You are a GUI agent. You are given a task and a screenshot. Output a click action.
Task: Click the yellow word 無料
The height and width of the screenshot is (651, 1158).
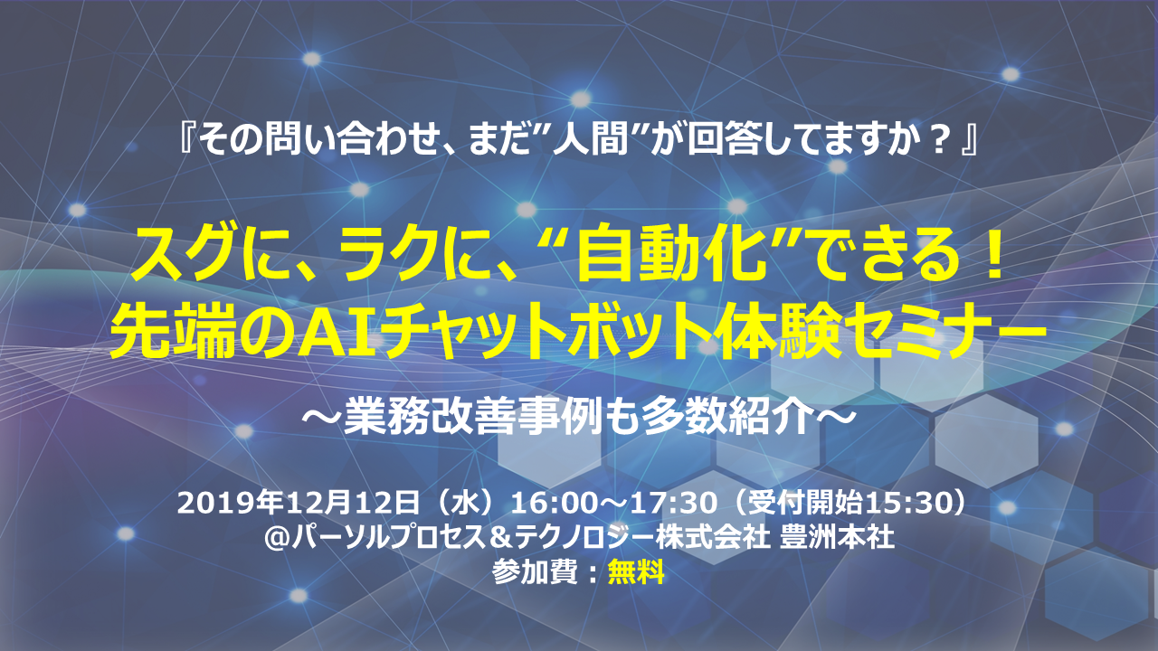(636, 572)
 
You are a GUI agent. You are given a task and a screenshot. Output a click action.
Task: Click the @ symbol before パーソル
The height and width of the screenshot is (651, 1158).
(277, 538)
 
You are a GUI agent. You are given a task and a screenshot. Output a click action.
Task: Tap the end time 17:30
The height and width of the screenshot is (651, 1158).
(679, 504)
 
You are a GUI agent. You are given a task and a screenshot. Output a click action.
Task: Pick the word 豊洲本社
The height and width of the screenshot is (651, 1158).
(837, 538)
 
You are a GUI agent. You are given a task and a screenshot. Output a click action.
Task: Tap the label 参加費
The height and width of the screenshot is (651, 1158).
(535, 572)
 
